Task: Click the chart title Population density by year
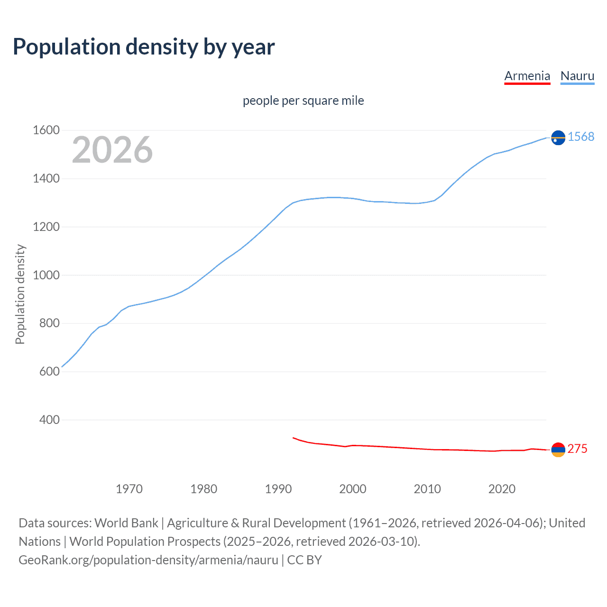[x=144, y=47]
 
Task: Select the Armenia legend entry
[x=527, y=76]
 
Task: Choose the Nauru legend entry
[x=577, y=76]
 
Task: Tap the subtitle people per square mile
[x=303, y=101]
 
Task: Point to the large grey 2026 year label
[x=112, y=150]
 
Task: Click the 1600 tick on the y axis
[x=46, y=130]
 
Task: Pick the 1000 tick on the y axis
[x=46, y=275]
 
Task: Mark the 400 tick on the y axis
[x=49, y=420]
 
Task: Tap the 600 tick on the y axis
[x=49, y=371]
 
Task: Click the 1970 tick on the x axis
[x=129, y=489]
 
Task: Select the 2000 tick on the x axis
[x=353, y=489]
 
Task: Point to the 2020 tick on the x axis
[x=502, y=489]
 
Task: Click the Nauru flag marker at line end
[x=558, y=138]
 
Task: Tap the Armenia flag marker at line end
[x=558, y=450]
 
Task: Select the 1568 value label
[x=581, y=137]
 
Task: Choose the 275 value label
[x=577, y=449]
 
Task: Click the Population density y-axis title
[x=20, y=294]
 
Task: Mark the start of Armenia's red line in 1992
[x=293, y=438]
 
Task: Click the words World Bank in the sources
[x=126, y=523]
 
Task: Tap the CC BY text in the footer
[x=304, y=560]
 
